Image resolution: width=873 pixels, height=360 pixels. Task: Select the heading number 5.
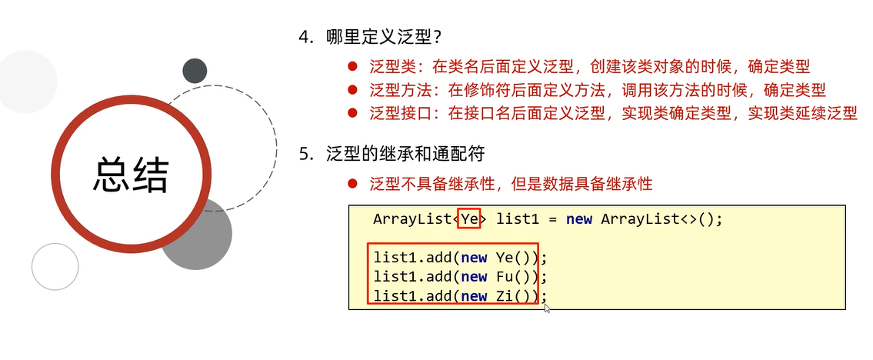[x=305, y=154]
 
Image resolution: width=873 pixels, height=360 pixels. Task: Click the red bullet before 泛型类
[x=352, y=67]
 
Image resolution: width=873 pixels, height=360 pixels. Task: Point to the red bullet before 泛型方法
[x=352, y=90]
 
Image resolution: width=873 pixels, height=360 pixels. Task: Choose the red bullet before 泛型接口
[x=352, y=113]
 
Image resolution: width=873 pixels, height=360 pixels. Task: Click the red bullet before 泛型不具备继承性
[x=352, y=184]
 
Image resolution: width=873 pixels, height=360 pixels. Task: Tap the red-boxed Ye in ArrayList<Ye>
[x=469, y=218]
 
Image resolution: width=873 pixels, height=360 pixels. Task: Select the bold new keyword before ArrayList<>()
[x=578, y=218]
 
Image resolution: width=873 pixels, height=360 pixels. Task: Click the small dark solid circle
[x=195, y=71]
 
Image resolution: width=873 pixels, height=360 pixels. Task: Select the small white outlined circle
[x=55, y=266]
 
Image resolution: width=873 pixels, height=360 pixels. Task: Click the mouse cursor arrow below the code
[x=547, y=308]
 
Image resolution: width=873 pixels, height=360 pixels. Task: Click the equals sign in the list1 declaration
[x=552, y=218]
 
